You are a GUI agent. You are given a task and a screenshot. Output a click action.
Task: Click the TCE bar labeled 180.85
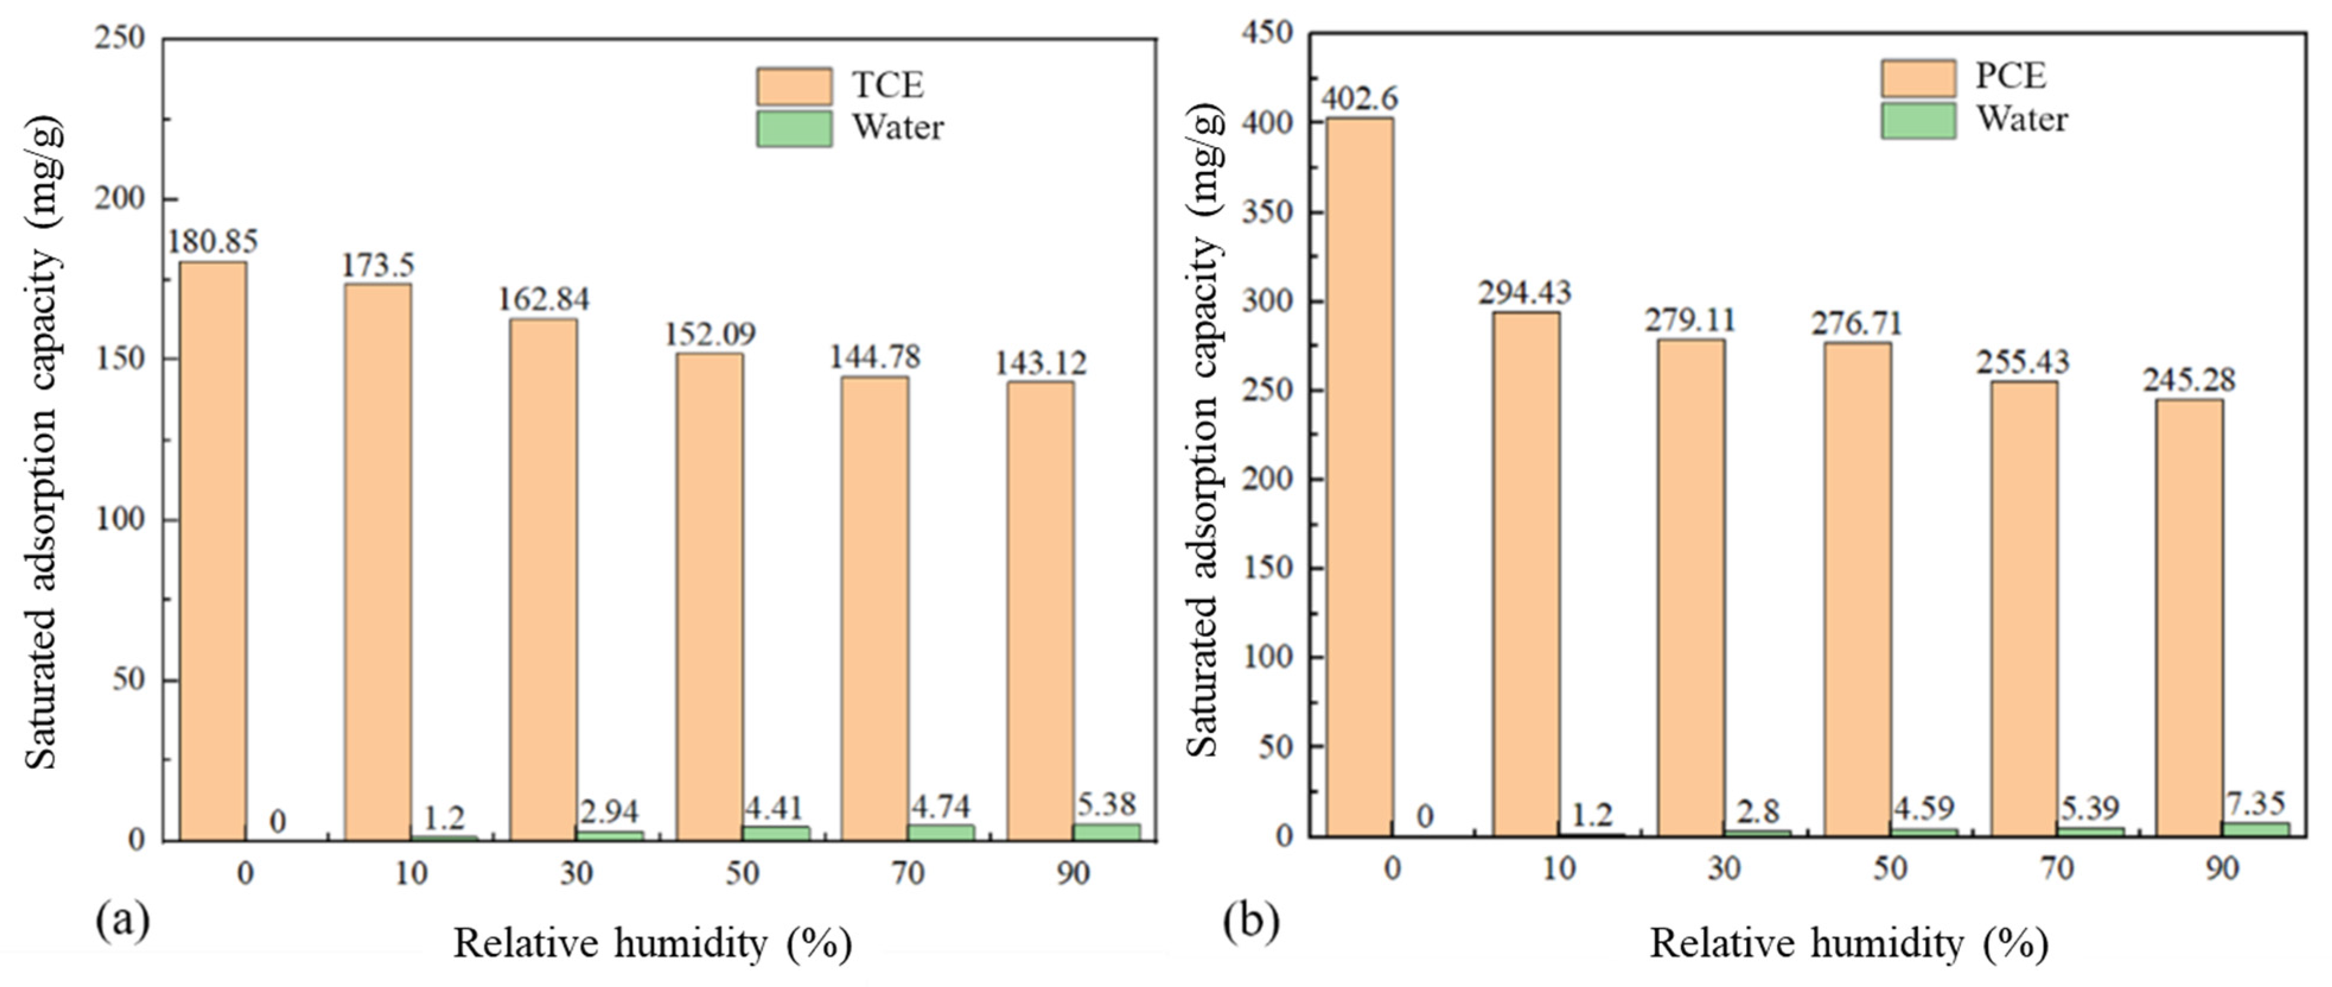coord(213,552)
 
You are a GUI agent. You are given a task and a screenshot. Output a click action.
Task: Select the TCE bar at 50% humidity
coord(710,598)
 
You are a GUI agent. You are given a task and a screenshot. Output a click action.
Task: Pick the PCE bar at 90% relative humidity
coord(2189,617)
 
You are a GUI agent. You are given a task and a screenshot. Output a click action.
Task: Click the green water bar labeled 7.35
coord(2255,829)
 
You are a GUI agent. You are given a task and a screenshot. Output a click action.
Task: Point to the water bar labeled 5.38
coord(1107,832)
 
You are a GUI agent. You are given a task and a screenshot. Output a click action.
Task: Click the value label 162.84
coord(544,299)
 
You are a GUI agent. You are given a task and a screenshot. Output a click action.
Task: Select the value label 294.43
coord(1526,292)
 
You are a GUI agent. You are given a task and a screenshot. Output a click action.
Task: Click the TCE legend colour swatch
coord(794,86)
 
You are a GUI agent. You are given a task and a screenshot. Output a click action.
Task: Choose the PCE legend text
coord(2009,76)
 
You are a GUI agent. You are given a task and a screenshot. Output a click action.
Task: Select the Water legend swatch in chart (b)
coord(1918,120)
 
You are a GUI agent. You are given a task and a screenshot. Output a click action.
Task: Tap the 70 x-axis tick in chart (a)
coord(908,873)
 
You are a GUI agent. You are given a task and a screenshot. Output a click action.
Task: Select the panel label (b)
coord(1251,922)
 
